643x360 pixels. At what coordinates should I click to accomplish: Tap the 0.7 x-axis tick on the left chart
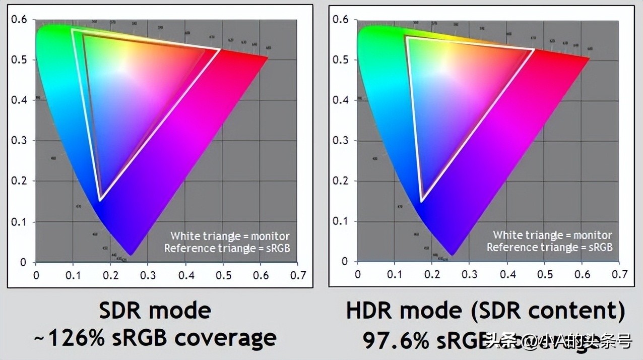tap(299, 275)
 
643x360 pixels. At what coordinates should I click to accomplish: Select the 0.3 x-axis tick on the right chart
tap(469, 275)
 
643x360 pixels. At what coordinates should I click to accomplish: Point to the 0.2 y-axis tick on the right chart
tap(341, 181)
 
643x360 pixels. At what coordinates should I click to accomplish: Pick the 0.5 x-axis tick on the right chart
tap(545, 275)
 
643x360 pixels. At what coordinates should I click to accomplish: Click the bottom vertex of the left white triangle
tap(100, 200)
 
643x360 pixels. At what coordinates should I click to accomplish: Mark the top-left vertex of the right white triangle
tap(405, 36)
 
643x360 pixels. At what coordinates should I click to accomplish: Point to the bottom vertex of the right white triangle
tap(421, 201)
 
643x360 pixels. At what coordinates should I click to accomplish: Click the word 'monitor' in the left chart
tap(271, 236)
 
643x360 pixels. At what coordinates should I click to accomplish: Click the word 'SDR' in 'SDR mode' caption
tap(121, 310)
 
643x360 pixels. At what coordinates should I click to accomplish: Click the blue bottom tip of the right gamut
tap(452, 254)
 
